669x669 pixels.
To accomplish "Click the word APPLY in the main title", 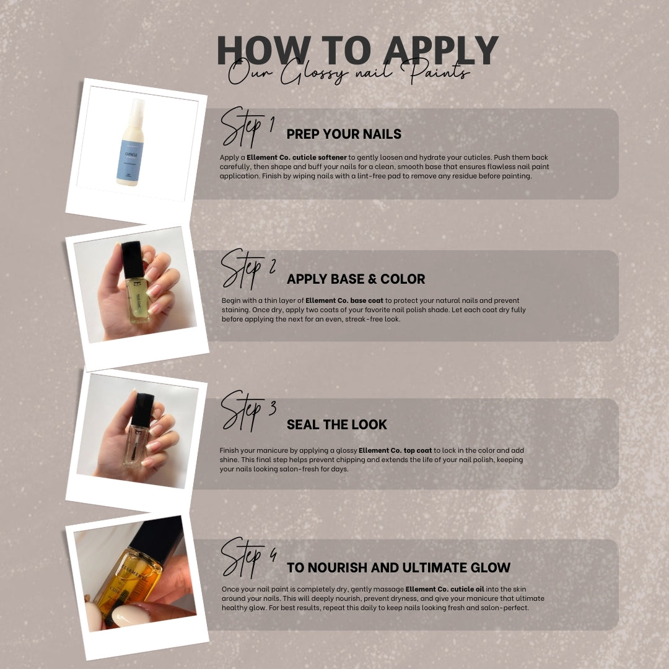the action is click(441, 50).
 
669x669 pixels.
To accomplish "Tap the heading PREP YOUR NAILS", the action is click(344, 134).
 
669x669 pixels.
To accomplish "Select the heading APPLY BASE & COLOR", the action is click(356, 279).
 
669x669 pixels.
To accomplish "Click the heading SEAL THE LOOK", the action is click(336, 424).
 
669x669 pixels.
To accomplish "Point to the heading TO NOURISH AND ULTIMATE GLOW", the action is click(398, 567).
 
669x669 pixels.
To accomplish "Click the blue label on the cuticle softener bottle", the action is click(129, 160).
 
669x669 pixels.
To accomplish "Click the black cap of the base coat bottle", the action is click(133, 260).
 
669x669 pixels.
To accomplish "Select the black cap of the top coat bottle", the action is click(142, 409).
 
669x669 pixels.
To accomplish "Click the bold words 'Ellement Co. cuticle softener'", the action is click(297, 157).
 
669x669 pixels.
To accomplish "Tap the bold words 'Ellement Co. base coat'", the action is click(344, 300).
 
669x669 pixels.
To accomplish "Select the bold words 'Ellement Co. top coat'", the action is click(395, 450).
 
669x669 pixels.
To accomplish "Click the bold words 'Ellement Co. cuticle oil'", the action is click(445, 589).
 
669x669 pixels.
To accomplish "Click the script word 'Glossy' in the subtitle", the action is click(313, 72).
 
